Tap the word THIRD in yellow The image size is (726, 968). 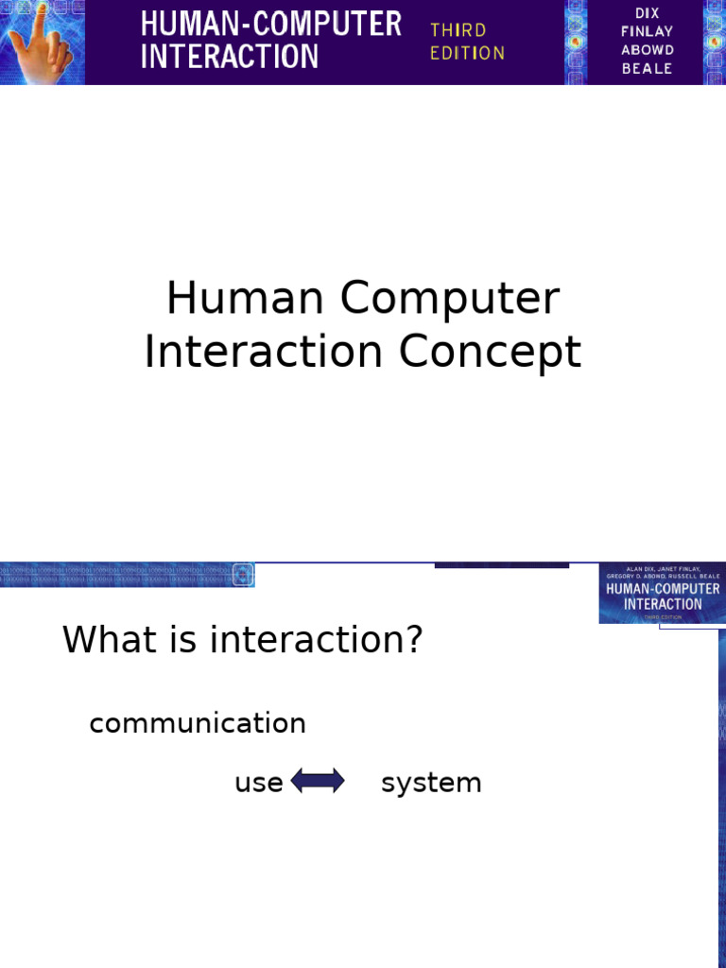point(458,30)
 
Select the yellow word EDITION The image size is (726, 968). point(467,53)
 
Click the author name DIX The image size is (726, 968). point(648,13)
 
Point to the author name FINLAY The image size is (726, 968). point(648,31)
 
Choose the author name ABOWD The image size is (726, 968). point(648,50)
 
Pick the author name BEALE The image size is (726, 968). point(648,69)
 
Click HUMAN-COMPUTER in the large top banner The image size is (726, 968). point(270,24)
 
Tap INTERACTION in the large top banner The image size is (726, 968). point(230,56)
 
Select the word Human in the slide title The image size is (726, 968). point(246,299)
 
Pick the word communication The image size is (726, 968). point(198,724)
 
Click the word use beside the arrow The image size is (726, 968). point(258,783)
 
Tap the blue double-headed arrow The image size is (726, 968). point(318,782)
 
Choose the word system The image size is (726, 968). point(431,783)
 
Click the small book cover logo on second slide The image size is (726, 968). point(662,594)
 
